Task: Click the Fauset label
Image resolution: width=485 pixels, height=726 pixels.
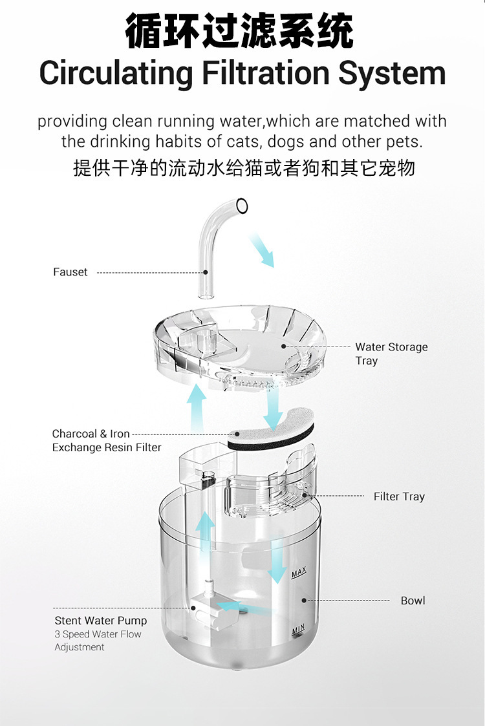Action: [x=70, y=272]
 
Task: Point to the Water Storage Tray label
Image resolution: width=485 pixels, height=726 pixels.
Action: [x=391, y=354]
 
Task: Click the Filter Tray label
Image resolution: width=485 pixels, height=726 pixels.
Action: [x=398, y=496]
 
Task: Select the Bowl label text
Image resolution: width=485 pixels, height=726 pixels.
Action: [x=413, y=601]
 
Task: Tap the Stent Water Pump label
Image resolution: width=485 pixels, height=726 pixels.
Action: [x=100, y=621]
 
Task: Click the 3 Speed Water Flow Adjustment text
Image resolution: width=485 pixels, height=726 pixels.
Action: [x=97, y=641]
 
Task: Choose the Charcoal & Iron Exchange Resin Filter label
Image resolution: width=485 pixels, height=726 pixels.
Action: [x=106, y=440]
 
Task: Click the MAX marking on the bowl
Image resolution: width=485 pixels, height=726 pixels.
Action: [x=298, y=573]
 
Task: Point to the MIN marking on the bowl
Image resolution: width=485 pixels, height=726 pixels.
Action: [x=297, y=629]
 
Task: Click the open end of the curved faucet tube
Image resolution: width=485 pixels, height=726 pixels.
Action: [x=242, y=206]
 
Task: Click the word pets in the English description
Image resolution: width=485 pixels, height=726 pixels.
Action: [x=405, y=141]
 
